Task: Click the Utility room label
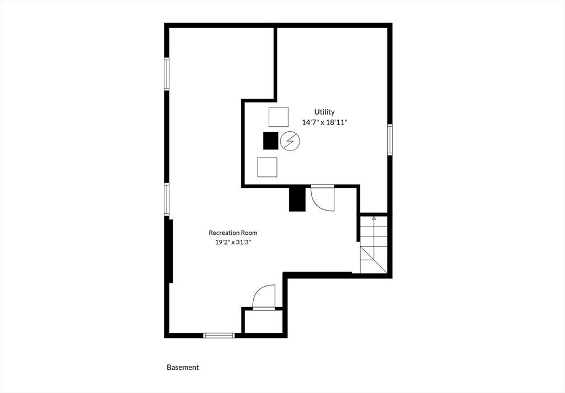[x=324, y=112]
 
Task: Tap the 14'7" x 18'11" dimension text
[x=324, y=122]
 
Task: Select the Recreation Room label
[x=233, y=233]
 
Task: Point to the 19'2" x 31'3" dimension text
[x=233, y=242]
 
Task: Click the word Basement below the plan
[x=183, y=368]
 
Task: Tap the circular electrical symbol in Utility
[x=290, y=141]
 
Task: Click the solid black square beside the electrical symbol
[x=270, y=141]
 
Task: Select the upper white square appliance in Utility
[x=279, y=117]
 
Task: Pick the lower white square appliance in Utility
[x=268, y=167]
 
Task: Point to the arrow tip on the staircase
[x=374, y=217]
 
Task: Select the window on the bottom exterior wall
[x=219, y=336]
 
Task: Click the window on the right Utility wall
[x=390, y=139]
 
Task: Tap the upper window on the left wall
[x=167, y=74]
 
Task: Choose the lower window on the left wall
[x=167, y=200]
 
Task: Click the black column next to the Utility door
[x=297, y=200]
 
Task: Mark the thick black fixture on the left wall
[x=171, y=251]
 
